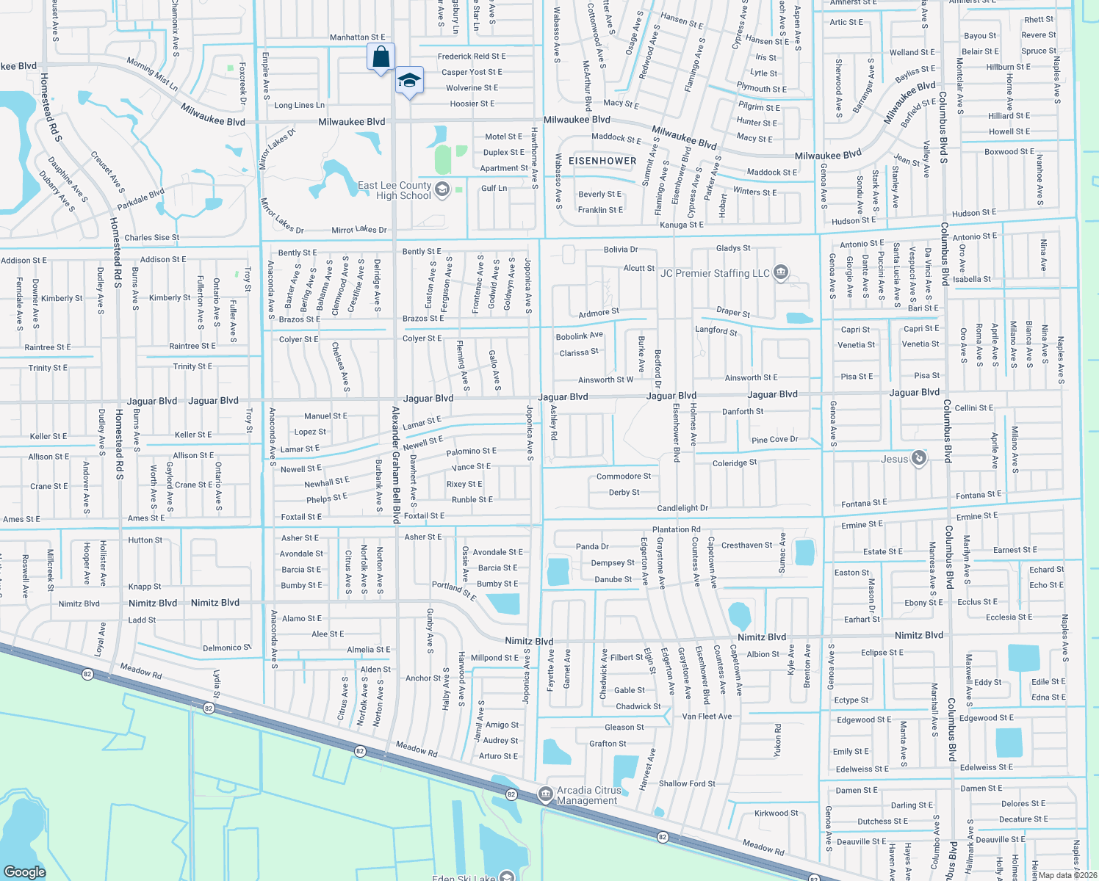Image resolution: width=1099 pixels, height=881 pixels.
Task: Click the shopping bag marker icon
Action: tap(381, 57)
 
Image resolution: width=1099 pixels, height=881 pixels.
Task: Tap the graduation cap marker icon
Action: tap(409, 81)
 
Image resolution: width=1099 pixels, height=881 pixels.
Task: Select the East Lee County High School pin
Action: tap(442, 190)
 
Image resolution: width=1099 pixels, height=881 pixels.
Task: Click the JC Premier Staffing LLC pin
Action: tap(781, 273)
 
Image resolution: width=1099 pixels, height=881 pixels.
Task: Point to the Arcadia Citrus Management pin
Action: tap(545, 794)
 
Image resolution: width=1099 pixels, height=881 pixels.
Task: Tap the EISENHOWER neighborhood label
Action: tap(602, 161)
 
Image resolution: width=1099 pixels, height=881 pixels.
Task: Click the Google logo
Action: tap(25, 871)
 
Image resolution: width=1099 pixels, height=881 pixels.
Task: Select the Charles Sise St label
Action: tap(151, 238)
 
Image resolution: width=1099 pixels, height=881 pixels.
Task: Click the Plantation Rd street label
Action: tap(676, 529)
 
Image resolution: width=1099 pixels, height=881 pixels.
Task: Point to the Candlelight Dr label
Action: tap(682, 508)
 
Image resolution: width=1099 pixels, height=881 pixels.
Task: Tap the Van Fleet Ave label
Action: tap(707, 717)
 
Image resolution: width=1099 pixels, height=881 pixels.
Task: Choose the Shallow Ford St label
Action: tap(687, 784)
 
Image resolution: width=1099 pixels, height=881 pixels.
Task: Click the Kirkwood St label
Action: tap(776, 813)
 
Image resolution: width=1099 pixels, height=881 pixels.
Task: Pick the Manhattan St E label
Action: tap(357, 37)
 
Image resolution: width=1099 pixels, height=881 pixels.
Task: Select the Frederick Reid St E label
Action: tap(472, 57)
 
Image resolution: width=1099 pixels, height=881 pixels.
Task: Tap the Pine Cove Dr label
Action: tap(774, 440)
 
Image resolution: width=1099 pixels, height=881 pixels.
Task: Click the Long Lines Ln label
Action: tap(299, 106)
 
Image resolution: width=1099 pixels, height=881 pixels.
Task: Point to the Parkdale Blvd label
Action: tap(141, 199)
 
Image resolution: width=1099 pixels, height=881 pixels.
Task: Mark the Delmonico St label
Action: tap(227, 648)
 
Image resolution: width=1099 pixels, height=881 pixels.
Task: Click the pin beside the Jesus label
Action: tap(918, 459)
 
